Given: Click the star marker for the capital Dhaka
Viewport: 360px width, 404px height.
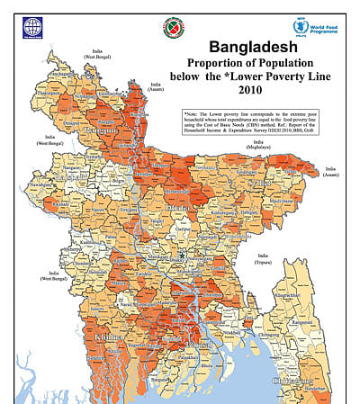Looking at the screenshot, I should [182, 256].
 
